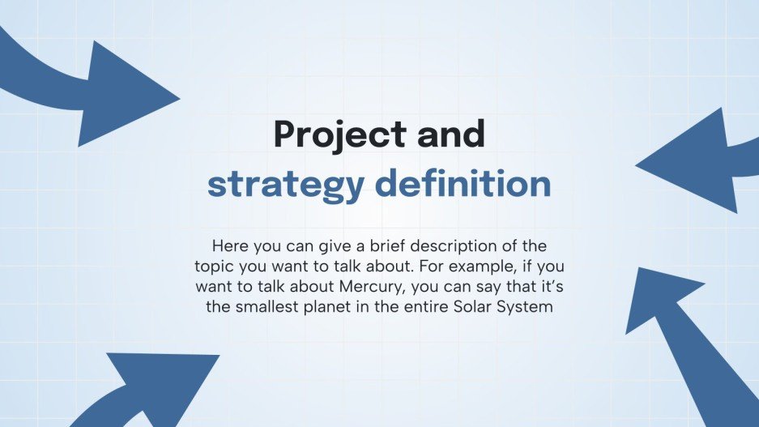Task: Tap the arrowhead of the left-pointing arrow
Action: [x=637, y=166]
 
